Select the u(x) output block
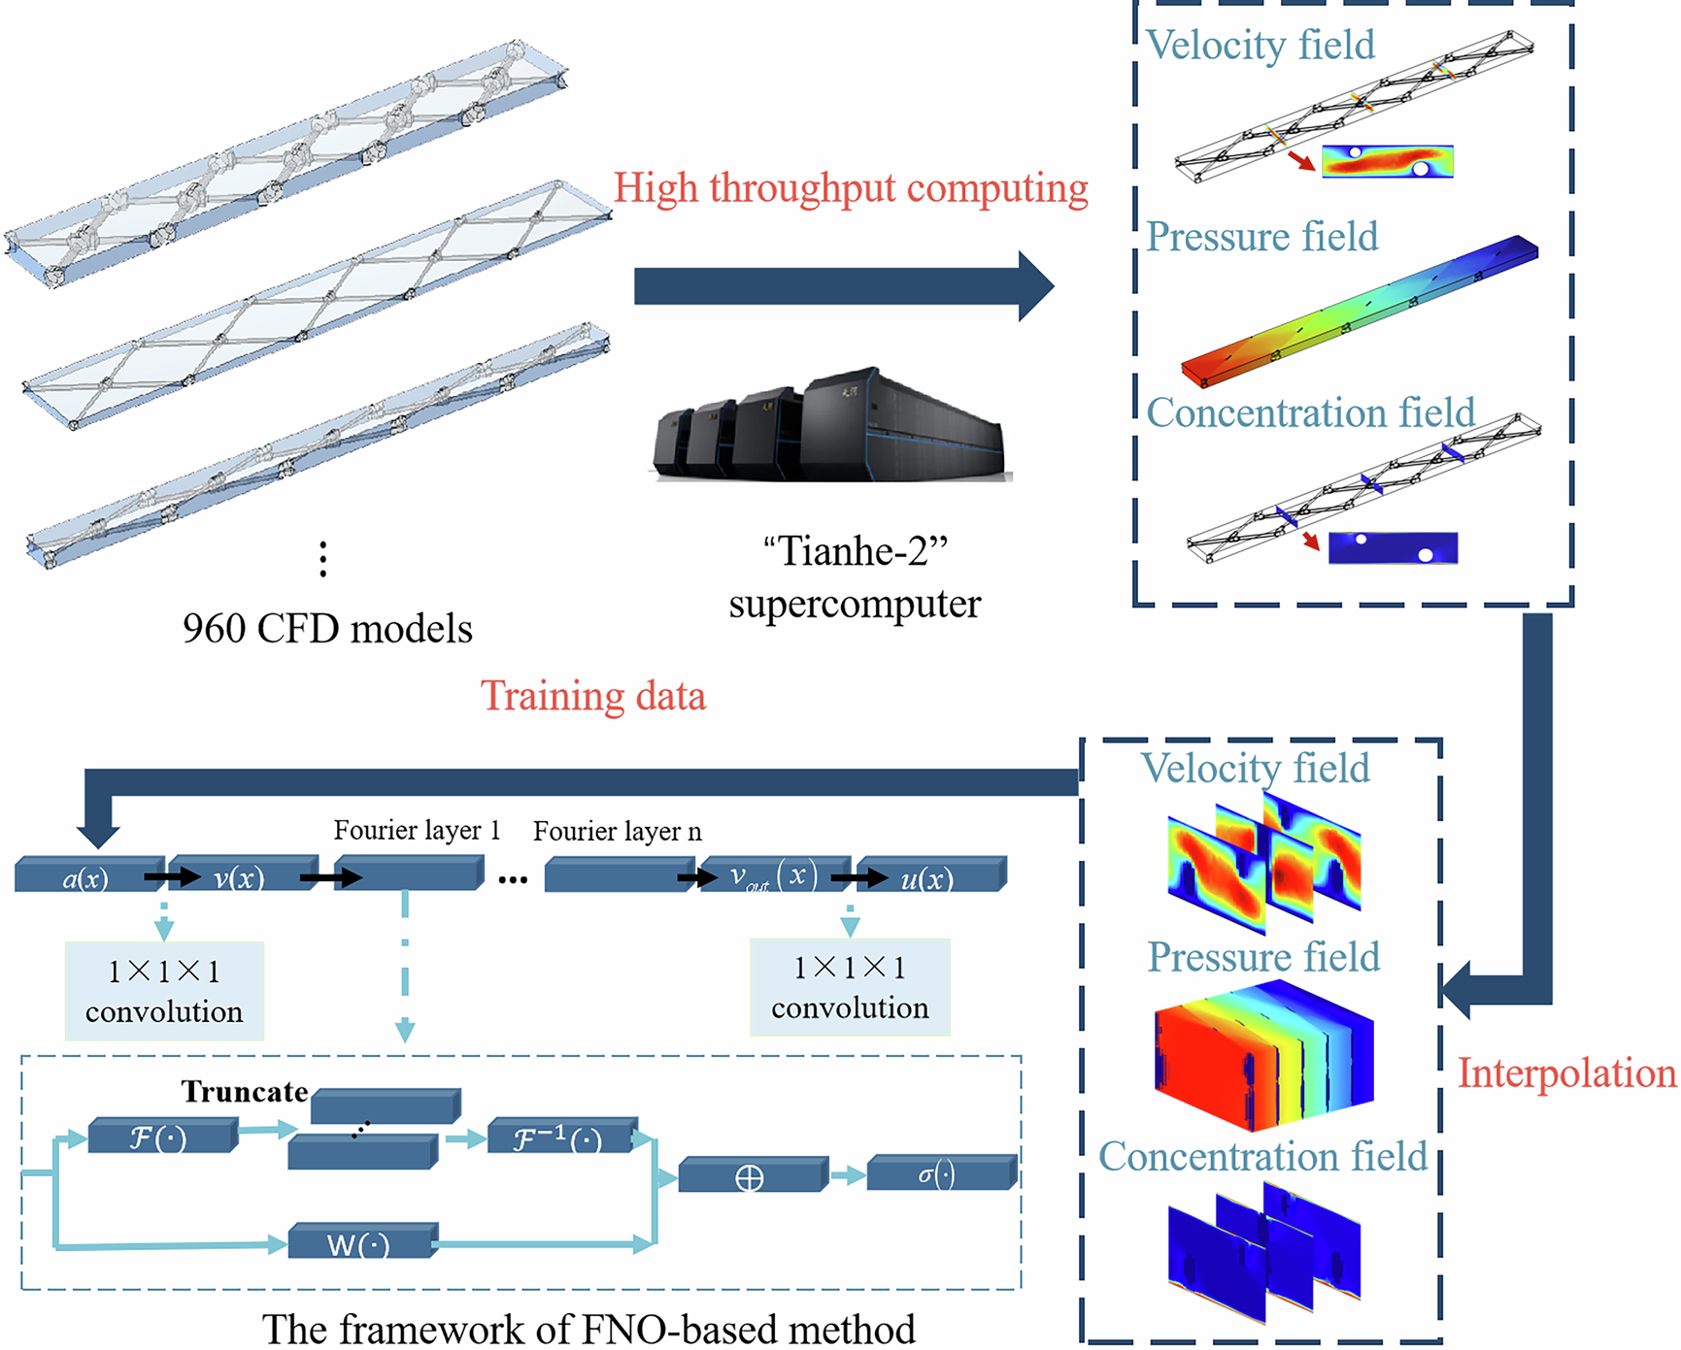[929, 877]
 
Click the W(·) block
[360, 1243]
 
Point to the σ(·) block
[939, 1174]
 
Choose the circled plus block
[751, 1177]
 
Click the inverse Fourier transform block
[560, 1137]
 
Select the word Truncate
[245, 1092]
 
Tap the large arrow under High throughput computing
[841, 286]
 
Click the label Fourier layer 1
[417, 831]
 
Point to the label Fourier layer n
[617, 832]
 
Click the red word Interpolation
[1565, 1073]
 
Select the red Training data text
[593, 697]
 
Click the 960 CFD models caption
[327, 629]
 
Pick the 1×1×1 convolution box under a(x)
[164, 991]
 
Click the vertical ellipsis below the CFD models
[323, 560]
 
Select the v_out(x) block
[773, 876]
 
